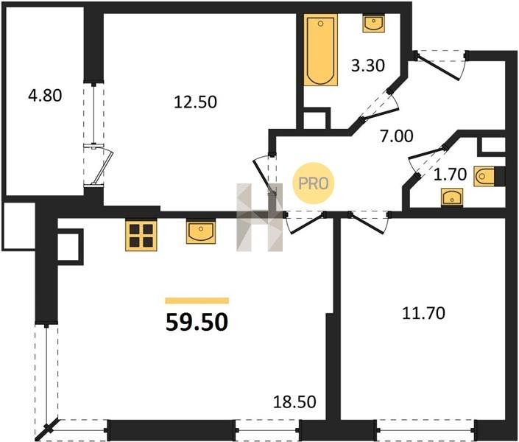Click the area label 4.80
click(x=46, y=96)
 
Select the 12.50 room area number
click(x=195, y=102)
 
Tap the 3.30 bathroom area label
click(x=368, y=66)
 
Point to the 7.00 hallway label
click(x=397, y=136)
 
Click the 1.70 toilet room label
click(x=450, y=174)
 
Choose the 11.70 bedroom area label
click(x=423, y=313)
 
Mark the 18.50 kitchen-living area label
click(x=294, y=402)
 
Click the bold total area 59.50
click(x=197, y=323)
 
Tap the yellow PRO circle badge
click(x=313, y=183)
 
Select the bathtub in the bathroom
click(x=321, y=49)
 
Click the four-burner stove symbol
click(x=141, y=235)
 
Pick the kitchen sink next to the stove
click(x=201, y=231)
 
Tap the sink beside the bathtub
click(x=374, y=23)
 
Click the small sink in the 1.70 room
click(x=452, y=197)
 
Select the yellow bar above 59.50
click(x=197, y=301)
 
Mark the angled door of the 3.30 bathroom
click(x=380, y=105)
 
